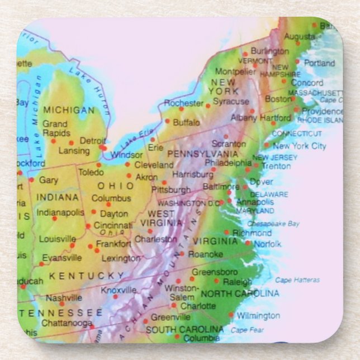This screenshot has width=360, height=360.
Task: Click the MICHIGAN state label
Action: tap(69, 110)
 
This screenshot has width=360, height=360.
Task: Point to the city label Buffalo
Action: tap(186, 122)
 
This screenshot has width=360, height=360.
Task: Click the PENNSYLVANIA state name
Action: tap(202, 153)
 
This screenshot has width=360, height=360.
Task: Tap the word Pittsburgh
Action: tap(171, 190)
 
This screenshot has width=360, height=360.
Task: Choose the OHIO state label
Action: tap(116, 186)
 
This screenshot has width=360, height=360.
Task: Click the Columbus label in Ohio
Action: tap(111, 198)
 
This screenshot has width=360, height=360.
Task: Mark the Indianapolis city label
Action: tap(60, 212)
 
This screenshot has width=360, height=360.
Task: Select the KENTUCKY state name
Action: tap(86, 276)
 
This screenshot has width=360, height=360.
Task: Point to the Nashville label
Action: tap(64, 298)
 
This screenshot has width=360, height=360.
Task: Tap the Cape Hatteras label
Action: tap(297, 280)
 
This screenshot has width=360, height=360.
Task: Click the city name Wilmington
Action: tap(257, 316)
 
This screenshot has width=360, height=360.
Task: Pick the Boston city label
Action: tap(278, 99)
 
